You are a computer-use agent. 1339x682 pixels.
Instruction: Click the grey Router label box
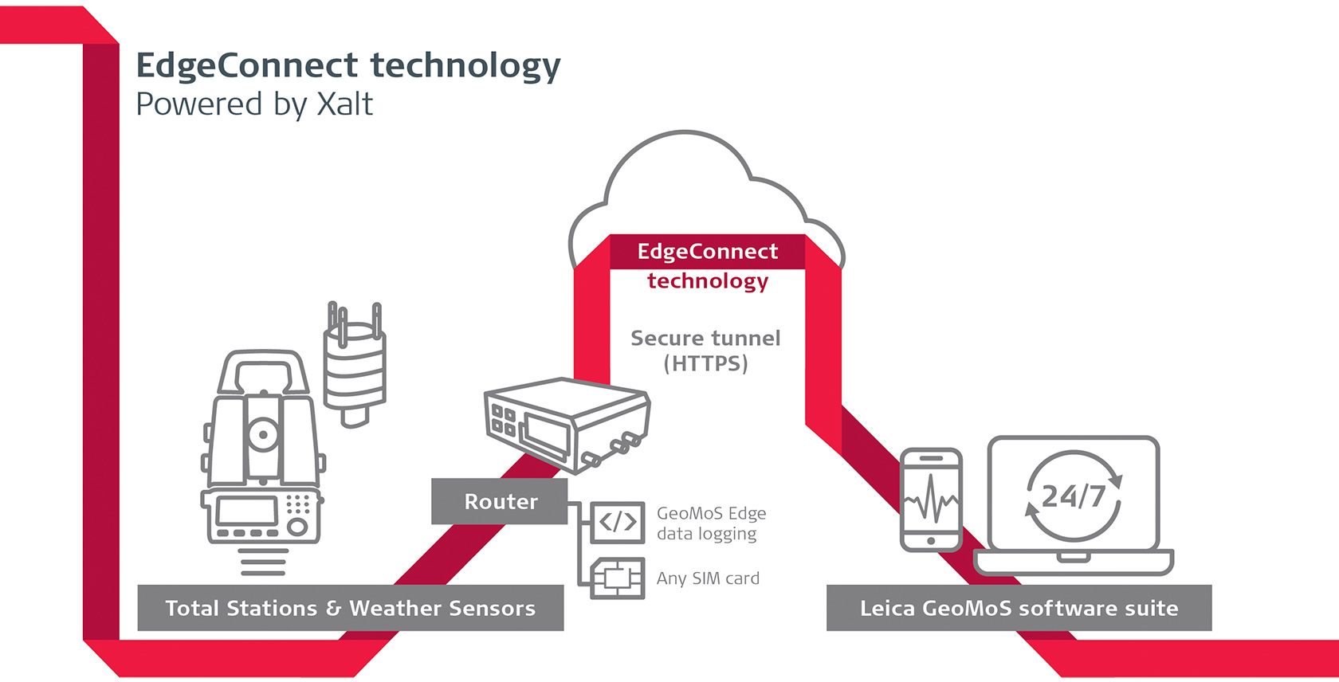click(500, 501)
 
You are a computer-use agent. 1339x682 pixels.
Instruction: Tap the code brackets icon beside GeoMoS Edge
click(618, 522)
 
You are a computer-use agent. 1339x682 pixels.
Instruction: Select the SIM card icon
click(618, 578)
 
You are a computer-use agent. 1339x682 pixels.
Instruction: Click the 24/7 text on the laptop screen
click(1074, 496)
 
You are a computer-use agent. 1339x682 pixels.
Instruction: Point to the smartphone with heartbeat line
click(931, 500)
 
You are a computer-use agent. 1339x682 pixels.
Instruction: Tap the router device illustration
click(567, 422)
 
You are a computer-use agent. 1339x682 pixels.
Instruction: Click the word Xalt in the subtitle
click(345, 104)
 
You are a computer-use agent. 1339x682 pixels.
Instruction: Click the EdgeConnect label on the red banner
click(707, 252)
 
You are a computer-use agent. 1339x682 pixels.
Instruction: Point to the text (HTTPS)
click(706, 364)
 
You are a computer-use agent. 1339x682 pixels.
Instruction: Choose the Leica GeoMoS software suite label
click(1019, 608)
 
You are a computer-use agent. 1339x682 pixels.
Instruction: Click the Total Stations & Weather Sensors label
click(350, 608)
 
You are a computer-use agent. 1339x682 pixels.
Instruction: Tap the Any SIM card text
click(708, 578)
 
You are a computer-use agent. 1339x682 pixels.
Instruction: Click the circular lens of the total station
click(262, 435)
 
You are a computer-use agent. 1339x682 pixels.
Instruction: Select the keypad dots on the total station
click(297, 504)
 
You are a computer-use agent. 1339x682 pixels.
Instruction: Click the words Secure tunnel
click(705, 338)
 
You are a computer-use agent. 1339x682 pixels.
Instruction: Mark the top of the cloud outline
click(684, 134)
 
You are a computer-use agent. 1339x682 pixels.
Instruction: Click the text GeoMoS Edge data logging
click(711, 523)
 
